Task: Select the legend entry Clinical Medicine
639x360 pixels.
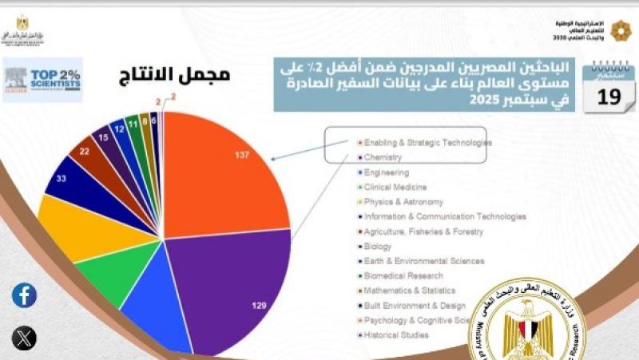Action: (x=395, y=187)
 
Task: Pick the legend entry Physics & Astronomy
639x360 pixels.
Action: (x=403, y=202)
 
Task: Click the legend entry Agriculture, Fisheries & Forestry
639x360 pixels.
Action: (x=423, y=231)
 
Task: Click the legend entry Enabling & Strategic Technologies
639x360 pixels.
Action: (x=427, y=142)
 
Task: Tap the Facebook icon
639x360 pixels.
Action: (x=24, y=295)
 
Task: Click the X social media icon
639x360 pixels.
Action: (x=24, y=338)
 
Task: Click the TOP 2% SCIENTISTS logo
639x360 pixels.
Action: (x=43, y=79)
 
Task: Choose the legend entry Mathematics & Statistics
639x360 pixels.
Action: (x=409, y=291)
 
